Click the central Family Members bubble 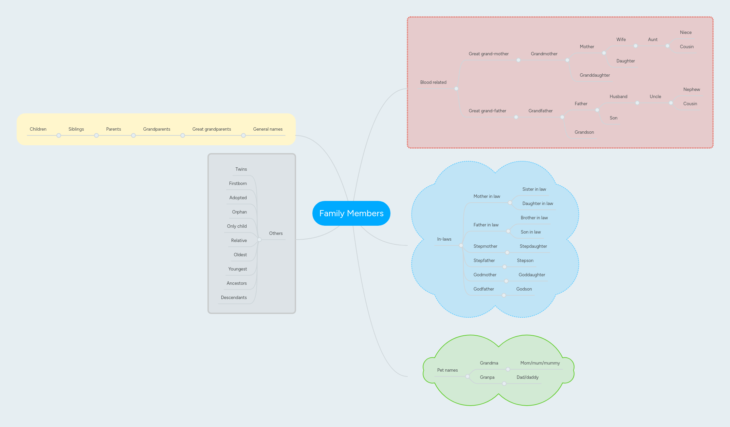(351, 213)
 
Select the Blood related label (433, 82)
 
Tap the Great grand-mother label (488, 54)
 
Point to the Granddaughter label (595, 75)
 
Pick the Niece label (686, 32)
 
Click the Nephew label (691, 89)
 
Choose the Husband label (618, 96)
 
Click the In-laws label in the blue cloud (444, 239)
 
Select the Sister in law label (534, 189)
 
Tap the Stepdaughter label (533, 246)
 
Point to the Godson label (524, 289)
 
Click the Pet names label (447, 370)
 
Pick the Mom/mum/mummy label (540, 363)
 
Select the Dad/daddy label (527, 377)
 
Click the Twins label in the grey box (241, 169)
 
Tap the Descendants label (234, 297)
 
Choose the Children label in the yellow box (38, 129)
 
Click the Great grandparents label (212, 129)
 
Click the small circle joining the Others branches (259, 240)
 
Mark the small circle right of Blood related (456, 89)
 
